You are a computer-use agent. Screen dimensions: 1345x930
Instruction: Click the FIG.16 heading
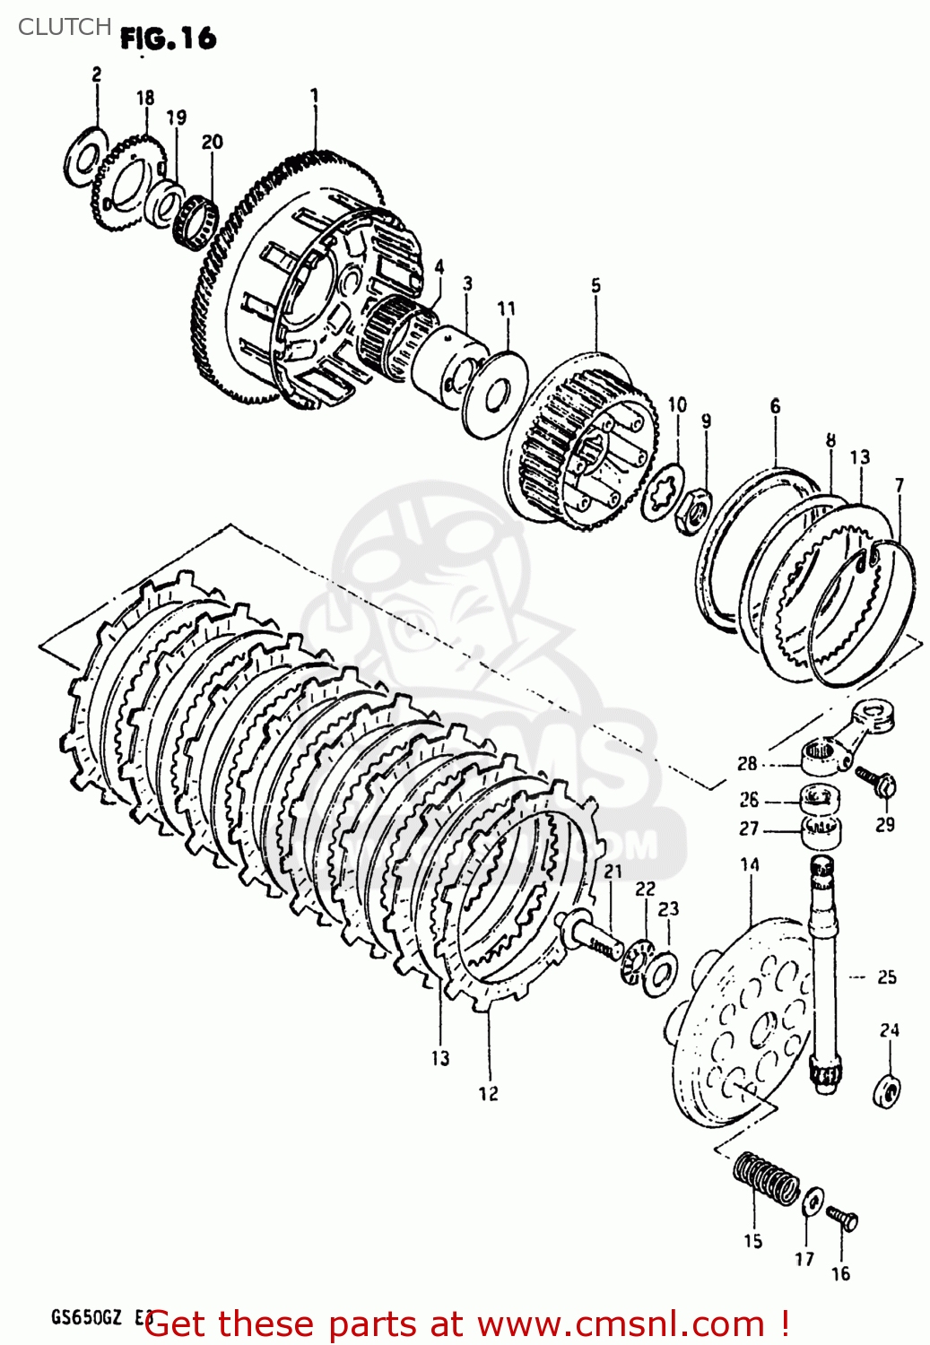click(169, 38)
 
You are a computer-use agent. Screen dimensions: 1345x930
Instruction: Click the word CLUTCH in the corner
click(65, 27)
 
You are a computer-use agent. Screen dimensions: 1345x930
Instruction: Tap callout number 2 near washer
click(97, 74)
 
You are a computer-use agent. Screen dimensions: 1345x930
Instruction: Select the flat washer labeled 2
click(85, 158)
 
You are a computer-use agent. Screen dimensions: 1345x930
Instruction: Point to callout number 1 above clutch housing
click(314, 95)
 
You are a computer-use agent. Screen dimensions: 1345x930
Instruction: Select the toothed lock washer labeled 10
click(664, 491)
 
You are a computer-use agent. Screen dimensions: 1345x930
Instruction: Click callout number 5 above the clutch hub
click(596, 286)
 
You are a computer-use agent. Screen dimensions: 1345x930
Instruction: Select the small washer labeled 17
click(813, 1202)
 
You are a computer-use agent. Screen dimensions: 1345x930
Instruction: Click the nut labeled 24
click(887, 1089)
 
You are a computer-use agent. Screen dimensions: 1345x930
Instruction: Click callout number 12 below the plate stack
click(488, 1094)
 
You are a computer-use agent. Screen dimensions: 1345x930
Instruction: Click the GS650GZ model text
click(85, 1319)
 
